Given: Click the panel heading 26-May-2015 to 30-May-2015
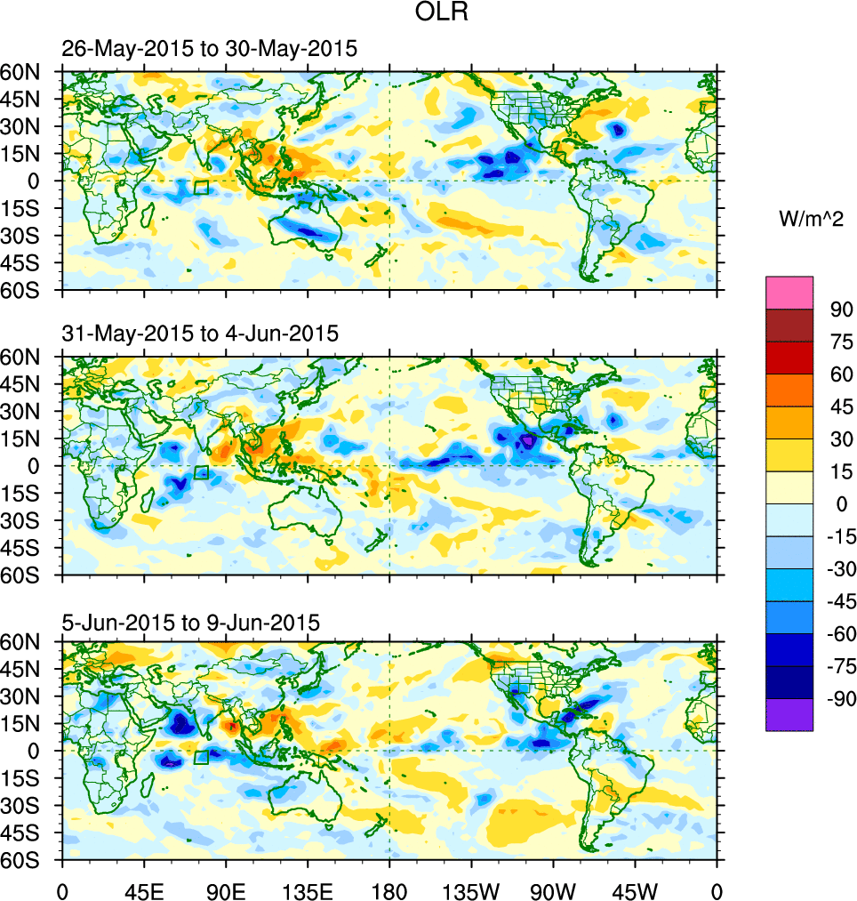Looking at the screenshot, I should (x=210, y=49).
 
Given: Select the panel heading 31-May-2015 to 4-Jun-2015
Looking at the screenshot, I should (x=200, y=334).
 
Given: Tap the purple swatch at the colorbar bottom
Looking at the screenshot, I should (x=789, y=715).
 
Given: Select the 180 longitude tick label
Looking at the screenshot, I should (x=389, y=889).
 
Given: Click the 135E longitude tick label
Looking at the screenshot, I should (x=308, y=889).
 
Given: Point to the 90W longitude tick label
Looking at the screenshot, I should (x=553, y=889).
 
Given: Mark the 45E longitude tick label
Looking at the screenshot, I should (x=144, y=889).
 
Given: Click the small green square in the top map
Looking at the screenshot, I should (x=201, y=187).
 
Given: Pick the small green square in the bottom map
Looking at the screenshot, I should (x=201, y=757).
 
